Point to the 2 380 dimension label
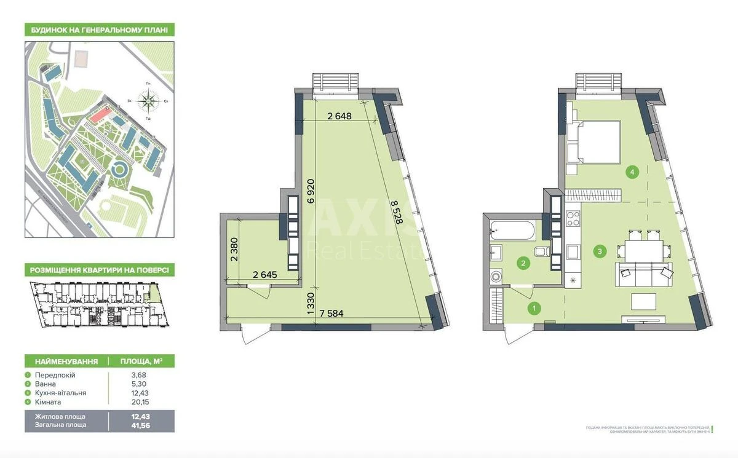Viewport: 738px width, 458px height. (234, 250)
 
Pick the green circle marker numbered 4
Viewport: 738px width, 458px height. (632, 173)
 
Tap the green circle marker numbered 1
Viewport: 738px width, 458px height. (535, 308)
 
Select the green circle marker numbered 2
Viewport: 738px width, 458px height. (523, 264)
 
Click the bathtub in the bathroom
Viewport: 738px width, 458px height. (512, 231)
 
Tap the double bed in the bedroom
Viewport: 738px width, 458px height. (598, 142)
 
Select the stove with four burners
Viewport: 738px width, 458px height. (573, 218)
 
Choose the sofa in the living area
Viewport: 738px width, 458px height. (644, 274)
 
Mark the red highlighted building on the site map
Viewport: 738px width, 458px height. (97, 114)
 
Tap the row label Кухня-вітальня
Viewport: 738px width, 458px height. (60, 393)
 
